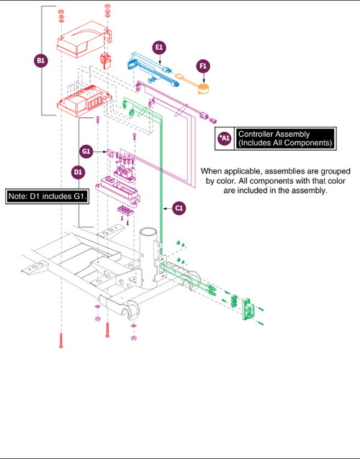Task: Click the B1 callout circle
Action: point(41,61)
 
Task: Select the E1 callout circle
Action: point(159,48)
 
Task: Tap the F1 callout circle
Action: point(203,66)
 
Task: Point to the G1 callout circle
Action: point(86,151)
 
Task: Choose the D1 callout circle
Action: point(78,172)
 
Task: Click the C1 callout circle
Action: point(179,208)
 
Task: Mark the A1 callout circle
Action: point(225,138)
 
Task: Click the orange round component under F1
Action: point(203,89)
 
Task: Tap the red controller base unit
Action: point(84,101)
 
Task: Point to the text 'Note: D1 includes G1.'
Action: point(48,196)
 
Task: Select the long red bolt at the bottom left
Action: point(61,340)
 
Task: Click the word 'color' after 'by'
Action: point(225,181)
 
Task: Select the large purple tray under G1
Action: point(117,190)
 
